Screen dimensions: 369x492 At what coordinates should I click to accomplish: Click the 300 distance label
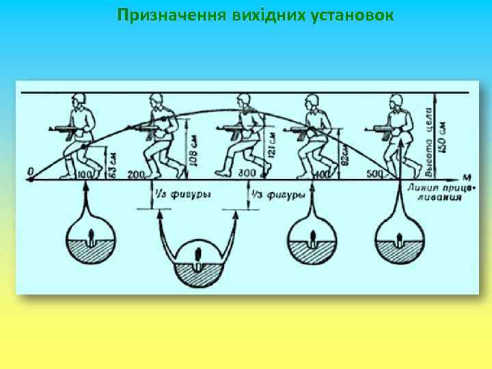(x=247, y=173)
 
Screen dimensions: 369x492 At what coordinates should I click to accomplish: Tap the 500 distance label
(x=374, y=174)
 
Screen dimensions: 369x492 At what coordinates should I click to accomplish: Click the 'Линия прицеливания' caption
(x=435, y=192)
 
